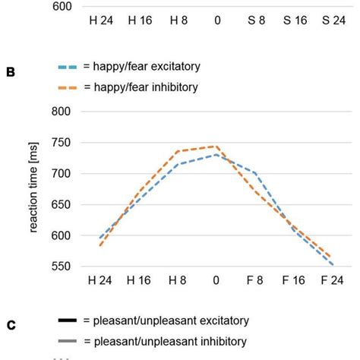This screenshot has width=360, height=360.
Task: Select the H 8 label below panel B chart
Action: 178,282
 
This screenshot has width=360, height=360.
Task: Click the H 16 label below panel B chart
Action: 140,282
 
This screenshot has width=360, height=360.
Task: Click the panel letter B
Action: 11,72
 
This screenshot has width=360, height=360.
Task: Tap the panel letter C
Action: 11,325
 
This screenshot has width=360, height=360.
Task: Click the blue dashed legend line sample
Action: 72,66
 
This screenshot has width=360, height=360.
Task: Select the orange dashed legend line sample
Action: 72,87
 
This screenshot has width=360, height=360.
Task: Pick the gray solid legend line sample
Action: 72,340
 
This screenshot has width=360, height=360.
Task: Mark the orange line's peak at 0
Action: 217,147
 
